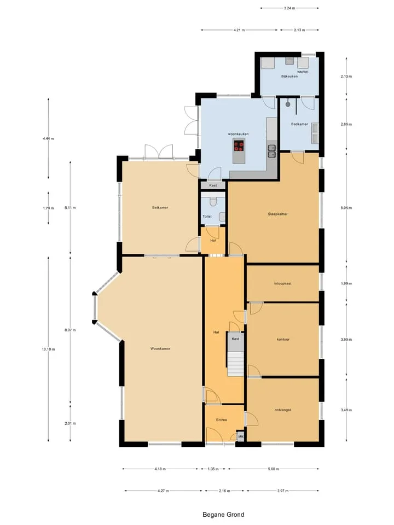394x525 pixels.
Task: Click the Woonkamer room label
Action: coord(160,348)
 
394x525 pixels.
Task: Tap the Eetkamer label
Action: coord(160,208)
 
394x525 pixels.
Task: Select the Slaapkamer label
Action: coord(278,214)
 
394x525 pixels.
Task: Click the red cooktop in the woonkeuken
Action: coord(239,145)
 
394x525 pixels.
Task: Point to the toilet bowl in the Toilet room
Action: coord(213,201)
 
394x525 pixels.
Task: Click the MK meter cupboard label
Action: coord(240,436)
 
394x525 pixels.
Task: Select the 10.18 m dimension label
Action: coord(48,349)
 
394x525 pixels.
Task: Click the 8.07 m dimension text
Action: coord(70,330)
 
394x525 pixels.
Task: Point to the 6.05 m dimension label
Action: coord(346,208)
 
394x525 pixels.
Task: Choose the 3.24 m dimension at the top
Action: coord(289,8)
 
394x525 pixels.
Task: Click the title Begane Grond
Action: coord(223,515)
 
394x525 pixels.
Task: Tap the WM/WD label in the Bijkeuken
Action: coord(303,72)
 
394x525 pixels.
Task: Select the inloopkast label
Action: coord(282,284)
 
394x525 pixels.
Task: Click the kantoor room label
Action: coord(283,340)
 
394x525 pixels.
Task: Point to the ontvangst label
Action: coord(283,410)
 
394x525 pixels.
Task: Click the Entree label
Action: coord(222,420)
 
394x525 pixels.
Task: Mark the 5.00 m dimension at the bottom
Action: coord(274,469)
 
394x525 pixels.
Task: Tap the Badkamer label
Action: coord(299,124)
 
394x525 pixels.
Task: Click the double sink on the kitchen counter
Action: coord(272,151)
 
